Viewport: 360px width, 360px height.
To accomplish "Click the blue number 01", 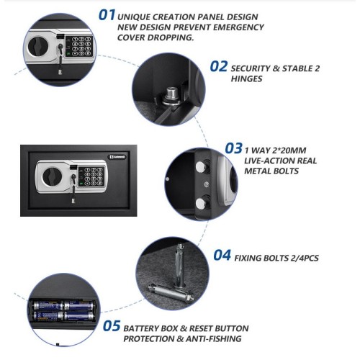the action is (107, 15).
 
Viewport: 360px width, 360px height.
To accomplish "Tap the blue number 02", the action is (219, 66).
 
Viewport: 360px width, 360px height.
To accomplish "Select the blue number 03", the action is (234, 148).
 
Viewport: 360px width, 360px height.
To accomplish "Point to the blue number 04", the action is (222, 255).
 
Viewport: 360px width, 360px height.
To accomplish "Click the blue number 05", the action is (112, 326).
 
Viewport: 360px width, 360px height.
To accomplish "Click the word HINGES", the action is (246, 78).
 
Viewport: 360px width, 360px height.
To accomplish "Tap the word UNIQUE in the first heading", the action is (133, 17).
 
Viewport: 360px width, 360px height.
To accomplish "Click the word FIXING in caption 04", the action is (248, 258).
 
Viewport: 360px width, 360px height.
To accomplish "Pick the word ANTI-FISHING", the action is (213, 338).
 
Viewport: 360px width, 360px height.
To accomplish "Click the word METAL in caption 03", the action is (257, 171).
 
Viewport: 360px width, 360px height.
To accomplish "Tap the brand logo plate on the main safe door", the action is (118, 157).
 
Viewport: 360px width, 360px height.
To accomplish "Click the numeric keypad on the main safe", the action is (92, 176).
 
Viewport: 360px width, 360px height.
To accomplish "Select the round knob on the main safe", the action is (52, 176).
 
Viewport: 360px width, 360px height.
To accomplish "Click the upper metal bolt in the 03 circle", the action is (202, 167).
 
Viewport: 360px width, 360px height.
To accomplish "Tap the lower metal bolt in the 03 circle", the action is (202, 203).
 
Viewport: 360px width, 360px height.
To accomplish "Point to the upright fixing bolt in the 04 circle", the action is (180, 265).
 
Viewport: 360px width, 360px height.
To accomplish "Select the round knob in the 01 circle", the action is (37, 46).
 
